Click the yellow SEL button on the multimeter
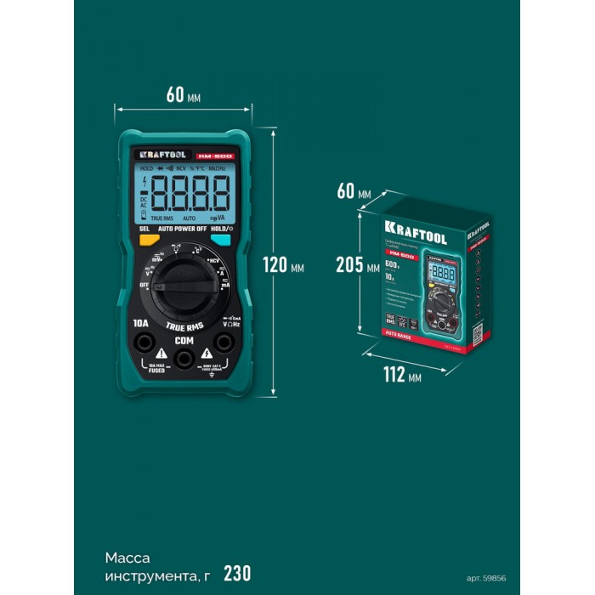pyautogui.click(x=148, y=241)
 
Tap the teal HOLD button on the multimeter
pyautogui.click(x=220, y=241)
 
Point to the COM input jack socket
pyautogui.click(x=184, y=359)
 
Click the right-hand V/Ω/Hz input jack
pyautogui.click(x=224, y=343)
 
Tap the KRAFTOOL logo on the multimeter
pyautogui.click(x=158, y=155)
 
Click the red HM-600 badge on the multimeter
pyautogui.click(x=214, y=156)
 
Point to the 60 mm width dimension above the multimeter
pyautogui.click(x=184, y=95)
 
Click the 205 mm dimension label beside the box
pyautogui.click(x=357, y=264)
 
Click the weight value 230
pyautogui.click(x=237, y=572)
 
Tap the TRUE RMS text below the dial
pyautogui.click(x=184, y=326)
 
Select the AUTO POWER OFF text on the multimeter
pyautogui.click(x=183, y=229)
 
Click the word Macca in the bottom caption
pyautogui.click(x=127, y=558)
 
